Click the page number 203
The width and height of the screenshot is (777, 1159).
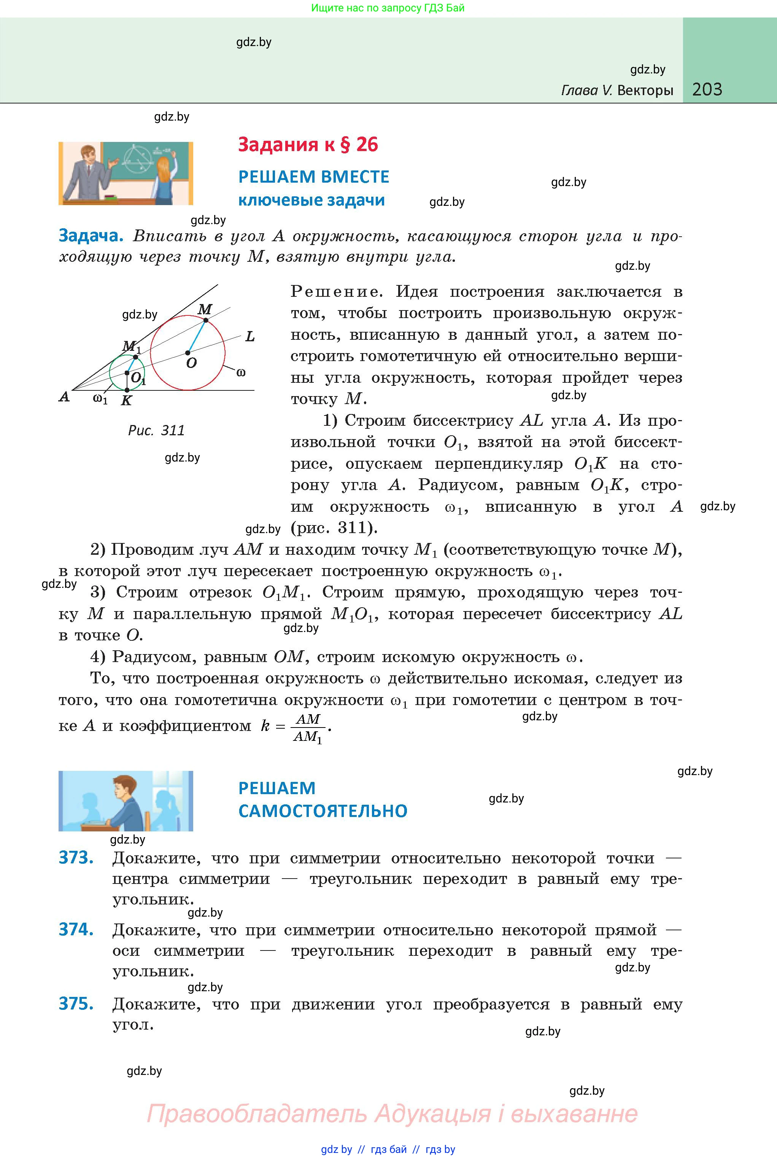(x=707, y=89)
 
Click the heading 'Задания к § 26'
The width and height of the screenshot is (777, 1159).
(x=308, y=145)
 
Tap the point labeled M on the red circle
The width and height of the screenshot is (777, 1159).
(x=206, y=321)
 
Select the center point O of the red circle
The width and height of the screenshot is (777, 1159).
(x=188, y=353)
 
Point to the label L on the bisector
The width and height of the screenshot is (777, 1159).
(x=250, y=337)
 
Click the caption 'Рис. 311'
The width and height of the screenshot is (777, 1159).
(x=156, y=430)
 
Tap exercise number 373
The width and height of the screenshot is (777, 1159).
(x=76, y=858)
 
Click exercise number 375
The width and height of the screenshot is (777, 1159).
(x=76, y=1003)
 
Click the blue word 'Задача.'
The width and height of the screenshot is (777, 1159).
(x=91, y=236)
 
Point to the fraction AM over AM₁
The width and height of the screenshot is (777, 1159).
(x=308, y=727)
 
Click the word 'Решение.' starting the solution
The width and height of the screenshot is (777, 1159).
(x=337, y=291)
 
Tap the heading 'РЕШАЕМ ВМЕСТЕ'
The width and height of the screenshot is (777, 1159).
(x=314, y=177)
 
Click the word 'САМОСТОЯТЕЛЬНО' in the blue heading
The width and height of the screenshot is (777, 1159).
(x=323, y=811)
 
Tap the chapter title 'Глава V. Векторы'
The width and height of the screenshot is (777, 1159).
(x=617, y=90)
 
